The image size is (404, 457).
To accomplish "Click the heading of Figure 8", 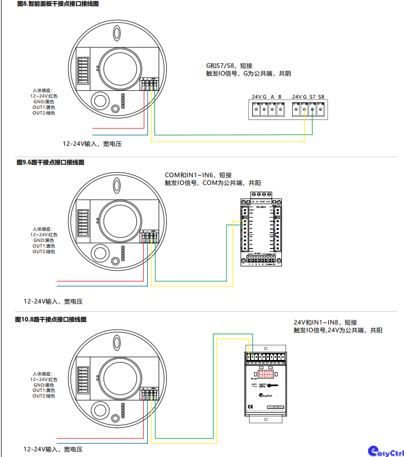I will [x=50, y=4].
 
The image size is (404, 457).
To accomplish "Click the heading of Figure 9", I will [x=50, y=162].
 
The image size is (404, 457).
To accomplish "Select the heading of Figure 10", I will [x=51, y=319].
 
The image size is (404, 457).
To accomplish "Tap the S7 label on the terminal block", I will [x=313, y=97].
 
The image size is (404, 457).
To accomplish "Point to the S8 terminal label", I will [x=321, y=97].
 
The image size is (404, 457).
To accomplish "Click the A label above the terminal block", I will [x=272, y=97].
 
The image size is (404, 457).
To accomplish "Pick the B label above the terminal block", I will [x=280, y=97].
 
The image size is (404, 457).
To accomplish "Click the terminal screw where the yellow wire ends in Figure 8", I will [x=304, y=109].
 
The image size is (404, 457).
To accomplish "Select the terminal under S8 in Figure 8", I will [x=321, y=109].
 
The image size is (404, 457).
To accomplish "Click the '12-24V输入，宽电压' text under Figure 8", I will [x=92, y=144].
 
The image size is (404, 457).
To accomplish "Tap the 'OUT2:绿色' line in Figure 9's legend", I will [x=44, y=252].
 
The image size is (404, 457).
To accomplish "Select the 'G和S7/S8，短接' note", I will [x=229, y=66].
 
